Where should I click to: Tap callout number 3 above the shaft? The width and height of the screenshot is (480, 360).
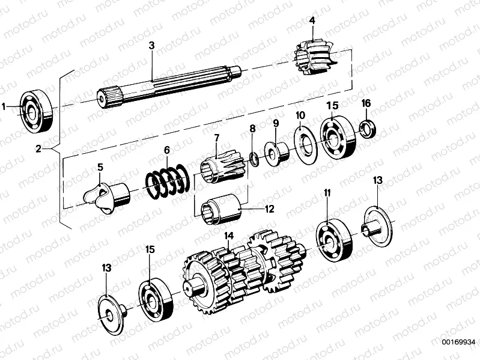pyautogui.click(x=152, y=46)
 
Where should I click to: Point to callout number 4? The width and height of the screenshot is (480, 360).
pyautogui.click(x=312, y=21)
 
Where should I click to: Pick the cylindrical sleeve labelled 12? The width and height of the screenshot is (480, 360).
pyautogui.click(x=222, y=211)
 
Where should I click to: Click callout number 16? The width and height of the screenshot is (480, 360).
pyautogui.click(x=366, y=103)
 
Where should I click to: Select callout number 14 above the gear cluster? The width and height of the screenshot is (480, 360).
pyautogui.click(x=229, y=236)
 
